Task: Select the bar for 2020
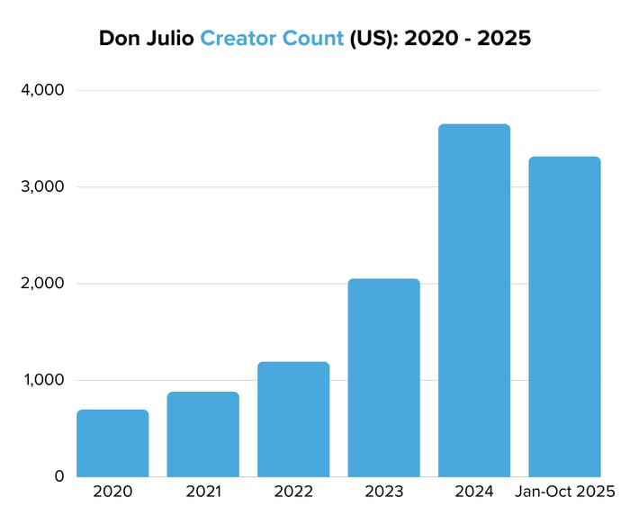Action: pyautogui.click(x=112, y=443)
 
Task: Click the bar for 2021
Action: pyautogui.click(x=203, y=434)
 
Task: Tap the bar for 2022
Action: pyautogui.click(x=293, y=419)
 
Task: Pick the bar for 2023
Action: pyautogui.click(x=383, y=377)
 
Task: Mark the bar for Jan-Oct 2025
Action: pyautogui.click(x=564, y=316)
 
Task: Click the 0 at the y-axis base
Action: pyautogui.click(x=58, y=476)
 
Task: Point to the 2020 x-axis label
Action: pyautogui.click(x=112, y=493)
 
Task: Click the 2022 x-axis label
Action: pyautogui.click(x=293, y=493)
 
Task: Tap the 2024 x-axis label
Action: pyautogui.click(x=474, y=493)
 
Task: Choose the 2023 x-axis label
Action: pyautogui.click(x=383, y=493)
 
